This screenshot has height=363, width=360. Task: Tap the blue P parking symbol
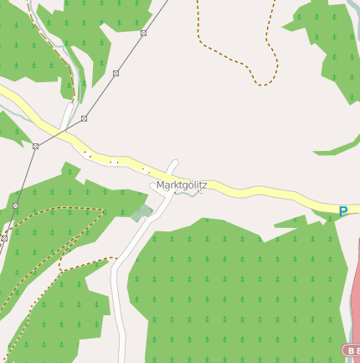[x=342, y=212]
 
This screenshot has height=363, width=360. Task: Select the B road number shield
[x=352, y=349]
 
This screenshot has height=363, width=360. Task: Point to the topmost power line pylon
[x=144, y=33]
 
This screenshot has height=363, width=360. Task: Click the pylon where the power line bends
[x=35, y=146]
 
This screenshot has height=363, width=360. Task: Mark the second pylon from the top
[x=116, y=73]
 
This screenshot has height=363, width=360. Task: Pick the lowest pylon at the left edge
[x=4, y=238]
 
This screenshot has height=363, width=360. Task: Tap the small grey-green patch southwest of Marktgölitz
[x=141, y=213]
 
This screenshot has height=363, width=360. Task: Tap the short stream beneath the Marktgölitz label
[x=191, y=194]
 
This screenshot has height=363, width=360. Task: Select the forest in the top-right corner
[x=331, y=42]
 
